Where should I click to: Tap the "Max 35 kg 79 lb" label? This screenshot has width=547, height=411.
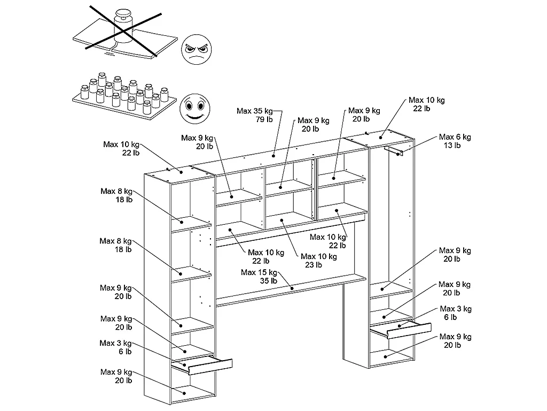255,115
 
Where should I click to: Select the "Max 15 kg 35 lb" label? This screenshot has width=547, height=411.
259,277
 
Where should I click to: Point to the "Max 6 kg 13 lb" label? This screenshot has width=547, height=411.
455,141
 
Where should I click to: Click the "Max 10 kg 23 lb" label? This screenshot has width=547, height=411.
319,261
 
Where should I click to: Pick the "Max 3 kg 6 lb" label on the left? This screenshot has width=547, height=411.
115,347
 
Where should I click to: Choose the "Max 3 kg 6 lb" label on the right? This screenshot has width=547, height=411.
456,313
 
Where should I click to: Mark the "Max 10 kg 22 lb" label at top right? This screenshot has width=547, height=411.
426,104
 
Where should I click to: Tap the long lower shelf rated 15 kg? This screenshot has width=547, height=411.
292,289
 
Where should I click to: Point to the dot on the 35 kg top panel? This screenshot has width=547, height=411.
274,155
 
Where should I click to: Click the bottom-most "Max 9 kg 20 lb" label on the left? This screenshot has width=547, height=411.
116,376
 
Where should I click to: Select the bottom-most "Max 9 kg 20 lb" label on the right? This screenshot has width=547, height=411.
455,341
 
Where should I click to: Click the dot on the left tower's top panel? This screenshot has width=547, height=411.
180,172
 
